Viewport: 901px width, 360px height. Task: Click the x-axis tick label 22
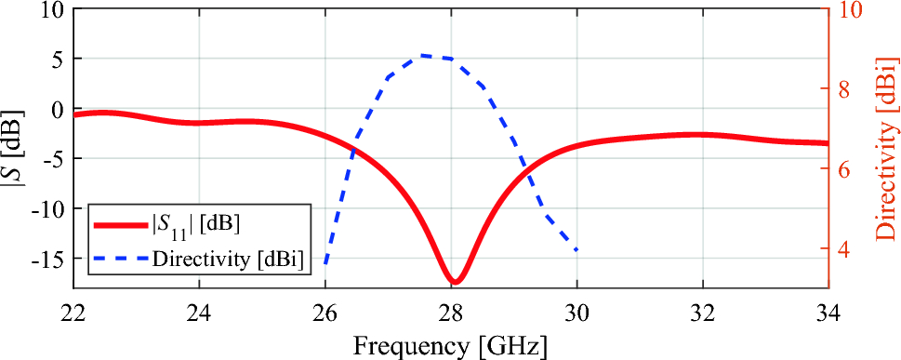[x=73, y=313]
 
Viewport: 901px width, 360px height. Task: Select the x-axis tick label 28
[x=451, y=313]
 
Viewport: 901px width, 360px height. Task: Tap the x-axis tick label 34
[x=828, y=313]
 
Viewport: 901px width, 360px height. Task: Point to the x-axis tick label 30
[x=576, y=313]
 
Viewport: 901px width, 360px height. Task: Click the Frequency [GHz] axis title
[x=450, y=345]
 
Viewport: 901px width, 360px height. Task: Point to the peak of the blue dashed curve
[x=423, y=55]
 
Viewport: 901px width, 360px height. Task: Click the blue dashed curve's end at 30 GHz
[x=576, y=250]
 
